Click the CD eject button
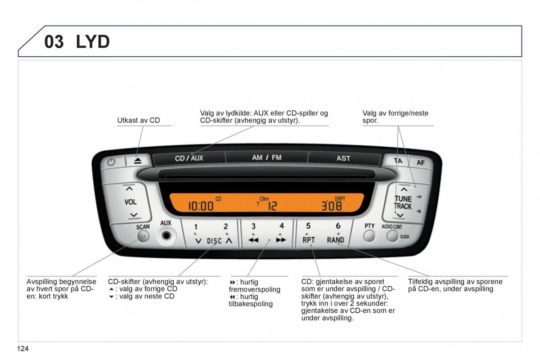tap(137, 161)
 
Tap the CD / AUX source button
tap(189, 158)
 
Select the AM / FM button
tap(266, 157)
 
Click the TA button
tap(398, 161)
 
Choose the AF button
tap(420, 162)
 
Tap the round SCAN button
tap(143, 236)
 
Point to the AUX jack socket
tap(166, 235)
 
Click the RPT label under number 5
tap(309, 240)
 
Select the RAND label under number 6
tap(336, 240)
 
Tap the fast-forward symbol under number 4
tap(281, 240)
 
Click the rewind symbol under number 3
tap(253, 240)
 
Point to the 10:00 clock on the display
tap(201, 206)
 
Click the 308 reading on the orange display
tap(331, 206)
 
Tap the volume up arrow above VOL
tap(130, 189)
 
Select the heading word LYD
tap(93, 42)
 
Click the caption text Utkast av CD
tap(139, 120)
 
